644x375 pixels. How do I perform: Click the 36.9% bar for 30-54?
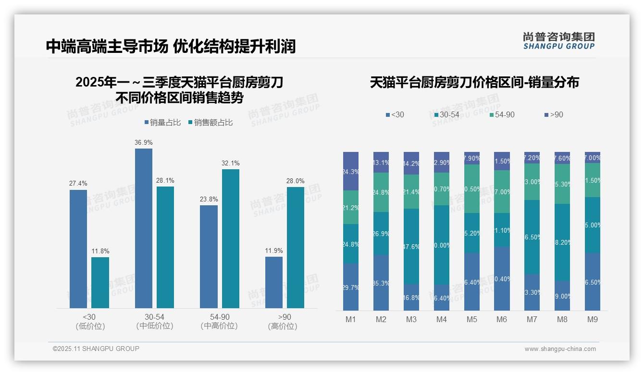(143, 228)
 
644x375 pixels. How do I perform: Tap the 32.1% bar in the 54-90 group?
(230, 238)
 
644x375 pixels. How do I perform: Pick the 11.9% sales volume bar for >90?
(274, 282)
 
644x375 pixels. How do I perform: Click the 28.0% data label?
(295, 181)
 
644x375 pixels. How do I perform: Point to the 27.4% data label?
(78, 184)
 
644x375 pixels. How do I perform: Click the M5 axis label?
(471, 320)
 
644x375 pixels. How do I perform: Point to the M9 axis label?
(592, 320)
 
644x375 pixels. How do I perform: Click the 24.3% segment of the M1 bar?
(351, 171)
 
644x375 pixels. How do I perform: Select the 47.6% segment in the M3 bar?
(411, 246)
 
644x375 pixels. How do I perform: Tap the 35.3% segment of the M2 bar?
(381, 283)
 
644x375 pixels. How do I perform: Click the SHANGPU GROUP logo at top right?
(558, 41)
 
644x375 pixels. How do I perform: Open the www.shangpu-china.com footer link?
(560, 349)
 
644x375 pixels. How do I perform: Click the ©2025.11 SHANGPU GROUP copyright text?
(96, 349)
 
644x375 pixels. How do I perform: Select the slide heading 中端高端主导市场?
(107, 47)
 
